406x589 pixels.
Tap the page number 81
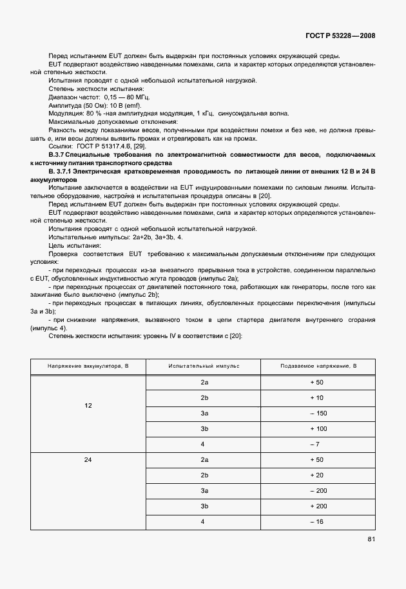click(371, 539)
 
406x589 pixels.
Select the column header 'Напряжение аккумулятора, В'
click(88, 366)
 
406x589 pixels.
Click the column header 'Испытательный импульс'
click(204, 366)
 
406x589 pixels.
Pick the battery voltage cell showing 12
click(88, 406)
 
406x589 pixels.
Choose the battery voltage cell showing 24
click(88, 460)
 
